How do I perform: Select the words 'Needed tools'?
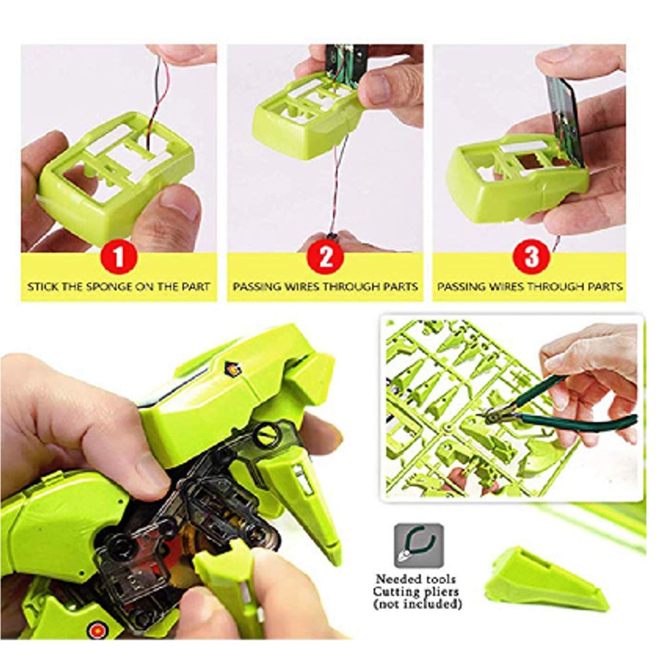pos(415,579)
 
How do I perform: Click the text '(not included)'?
pos(417,604)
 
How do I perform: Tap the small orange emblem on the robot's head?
pos(231,368)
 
